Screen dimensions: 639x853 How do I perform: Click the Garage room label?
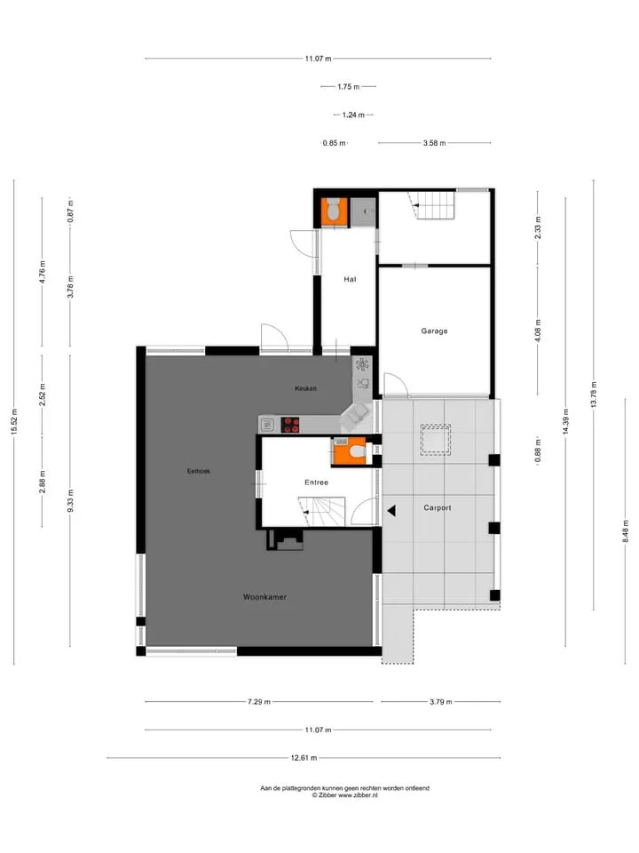point(434,331)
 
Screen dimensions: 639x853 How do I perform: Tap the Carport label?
point(438,508)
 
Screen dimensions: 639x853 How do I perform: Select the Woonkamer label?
point(264,597)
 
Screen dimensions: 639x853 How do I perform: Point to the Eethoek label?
point(198,471)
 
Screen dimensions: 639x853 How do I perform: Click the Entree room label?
point(316,482)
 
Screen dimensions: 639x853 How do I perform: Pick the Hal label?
point(350,280)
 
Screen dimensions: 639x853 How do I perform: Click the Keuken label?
point(305,388)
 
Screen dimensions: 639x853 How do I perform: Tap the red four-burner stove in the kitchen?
point(290,425)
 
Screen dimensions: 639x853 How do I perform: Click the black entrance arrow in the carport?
point(391,511)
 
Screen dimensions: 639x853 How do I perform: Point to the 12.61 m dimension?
point(304,758)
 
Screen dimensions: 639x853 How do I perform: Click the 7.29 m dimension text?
point(258,702)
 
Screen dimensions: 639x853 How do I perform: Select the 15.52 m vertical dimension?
point(15,421)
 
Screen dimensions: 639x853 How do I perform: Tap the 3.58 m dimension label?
point(434,143)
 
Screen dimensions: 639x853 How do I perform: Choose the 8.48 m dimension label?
point(626,531)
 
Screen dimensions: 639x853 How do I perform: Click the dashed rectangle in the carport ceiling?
point(435,440)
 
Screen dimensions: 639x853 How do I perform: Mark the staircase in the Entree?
point(321,512)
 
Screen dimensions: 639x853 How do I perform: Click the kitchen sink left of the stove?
point(267,425)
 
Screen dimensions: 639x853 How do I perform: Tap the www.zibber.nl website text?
point(358,795)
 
